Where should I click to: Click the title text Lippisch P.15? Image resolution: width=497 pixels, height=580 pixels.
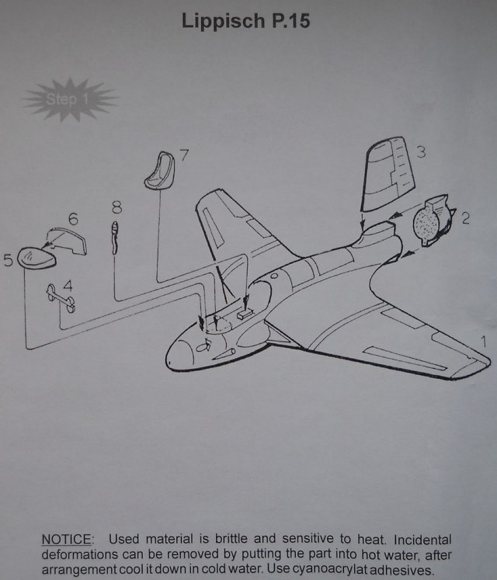[x=245, y=21]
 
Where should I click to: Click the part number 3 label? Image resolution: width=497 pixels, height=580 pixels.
[x=420, y=151]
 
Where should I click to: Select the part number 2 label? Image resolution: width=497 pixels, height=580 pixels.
[x=465, y=218]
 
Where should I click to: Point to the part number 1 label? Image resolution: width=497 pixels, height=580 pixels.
[x=485, y=340]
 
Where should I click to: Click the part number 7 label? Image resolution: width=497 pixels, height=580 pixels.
[x=184, y=155]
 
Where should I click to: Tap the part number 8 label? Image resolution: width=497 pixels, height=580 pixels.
[x=116, y=207]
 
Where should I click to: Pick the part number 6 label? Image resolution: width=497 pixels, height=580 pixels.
[x=73, y=220]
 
